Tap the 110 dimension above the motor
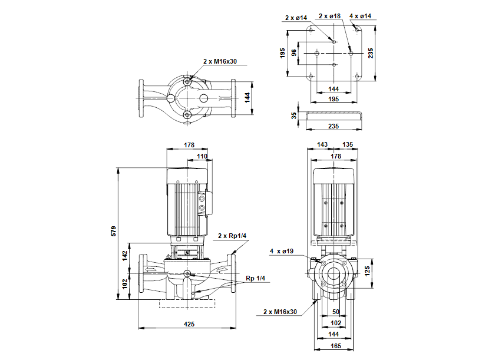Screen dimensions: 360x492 [x=202, y=156]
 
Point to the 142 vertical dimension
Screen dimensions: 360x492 [x=125, y=255]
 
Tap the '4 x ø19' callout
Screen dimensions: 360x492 [x=282, y=252]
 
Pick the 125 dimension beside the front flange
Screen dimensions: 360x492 [x=368, y=270]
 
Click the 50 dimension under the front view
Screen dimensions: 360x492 [x=336, y=312]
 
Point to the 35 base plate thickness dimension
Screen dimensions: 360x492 [x=294, y=116]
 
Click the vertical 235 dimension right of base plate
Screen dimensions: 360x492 [x=371, y=53]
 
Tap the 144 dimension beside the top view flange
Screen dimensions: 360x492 [x=247, y=95]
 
